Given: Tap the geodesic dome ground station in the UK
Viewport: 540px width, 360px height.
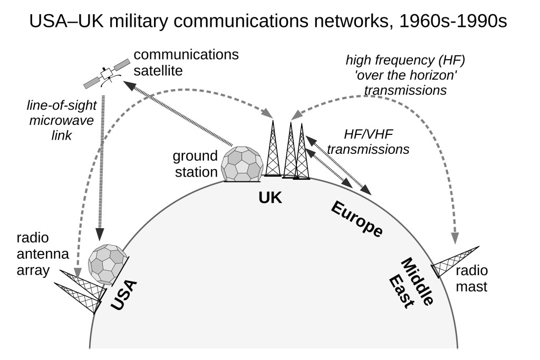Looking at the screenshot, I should (x=241, y=164).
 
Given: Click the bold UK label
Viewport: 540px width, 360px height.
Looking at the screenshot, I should (x=271, y=198).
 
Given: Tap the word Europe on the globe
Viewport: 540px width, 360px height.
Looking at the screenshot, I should (x=356, y=218).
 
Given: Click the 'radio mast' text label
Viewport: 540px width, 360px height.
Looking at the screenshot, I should (x=472, y=279).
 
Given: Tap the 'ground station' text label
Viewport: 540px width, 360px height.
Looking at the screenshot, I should (x=195, y=163).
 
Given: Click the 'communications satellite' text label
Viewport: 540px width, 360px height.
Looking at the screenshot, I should (x=186, y=62).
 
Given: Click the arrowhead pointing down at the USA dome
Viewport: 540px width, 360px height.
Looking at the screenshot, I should (x=99, y=232).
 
